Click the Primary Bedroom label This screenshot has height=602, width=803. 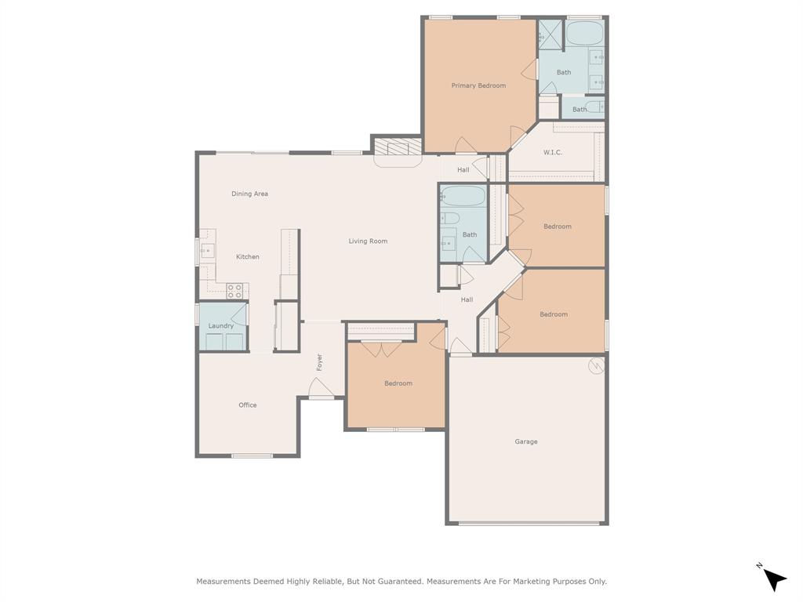click(478, 85)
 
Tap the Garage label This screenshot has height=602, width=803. click(526, 441)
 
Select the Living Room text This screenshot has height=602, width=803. click(368, 241)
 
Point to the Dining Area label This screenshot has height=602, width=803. click(249, 194)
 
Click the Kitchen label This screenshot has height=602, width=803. click(247, 256)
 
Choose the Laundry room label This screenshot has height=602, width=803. click(220, 325)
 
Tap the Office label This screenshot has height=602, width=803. click(247, 405)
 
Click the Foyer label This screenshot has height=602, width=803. click(319, 362)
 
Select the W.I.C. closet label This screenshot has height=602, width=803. click(552, 152)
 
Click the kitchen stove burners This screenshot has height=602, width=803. click(234, 292)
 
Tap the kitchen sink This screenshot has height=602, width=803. click(207, 252)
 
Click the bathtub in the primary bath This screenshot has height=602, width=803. click(584, 34)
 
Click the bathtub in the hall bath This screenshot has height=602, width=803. click(463, 197)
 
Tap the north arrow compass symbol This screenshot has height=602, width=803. click(772, 578)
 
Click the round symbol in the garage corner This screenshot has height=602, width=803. click(596, 365)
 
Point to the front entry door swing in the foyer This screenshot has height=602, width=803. click(321, 387)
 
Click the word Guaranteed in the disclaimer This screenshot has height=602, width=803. click(398, 582)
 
